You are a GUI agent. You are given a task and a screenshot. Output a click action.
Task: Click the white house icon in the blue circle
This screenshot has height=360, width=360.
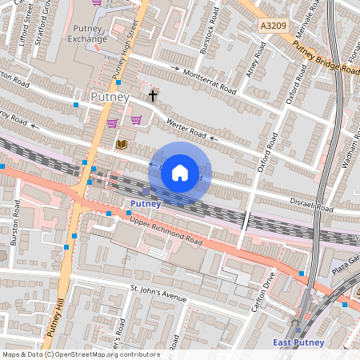click(x=180, y=172)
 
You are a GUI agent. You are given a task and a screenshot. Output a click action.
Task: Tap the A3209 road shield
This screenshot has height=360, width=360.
click(x=273, y=26)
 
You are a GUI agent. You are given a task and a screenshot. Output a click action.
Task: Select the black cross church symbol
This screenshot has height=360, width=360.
click(x=152, y=96)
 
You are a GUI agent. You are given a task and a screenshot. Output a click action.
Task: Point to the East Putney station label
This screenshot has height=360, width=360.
click(x=298, y=342)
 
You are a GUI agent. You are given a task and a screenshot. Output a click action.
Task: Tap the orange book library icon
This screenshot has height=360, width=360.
click(x=122, y=144)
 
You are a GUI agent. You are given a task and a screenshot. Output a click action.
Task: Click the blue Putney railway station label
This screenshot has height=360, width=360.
click(x=145, y=203)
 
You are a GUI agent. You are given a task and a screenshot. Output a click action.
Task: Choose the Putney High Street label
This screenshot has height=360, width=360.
click(x=126, y=50)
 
